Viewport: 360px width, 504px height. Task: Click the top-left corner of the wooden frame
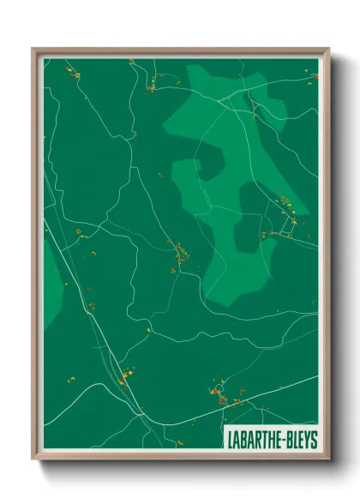33,49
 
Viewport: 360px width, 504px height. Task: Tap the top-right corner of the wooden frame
328,49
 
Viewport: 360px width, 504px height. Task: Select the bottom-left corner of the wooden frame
33,459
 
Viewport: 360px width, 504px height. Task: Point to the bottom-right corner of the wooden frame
328,459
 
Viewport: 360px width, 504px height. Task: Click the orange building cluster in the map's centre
181,254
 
